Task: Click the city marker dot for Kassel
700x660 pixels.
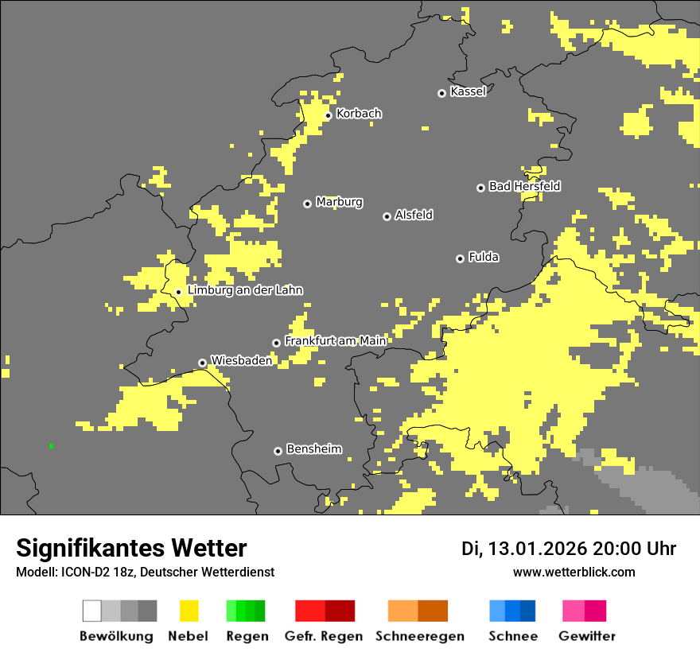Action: pos(441,93)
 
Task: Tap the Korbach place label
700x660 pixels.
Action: pos(359,114)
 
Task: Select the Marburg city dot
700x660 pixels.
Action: pos(307,204)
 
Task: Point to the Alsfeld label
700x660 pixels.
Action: pos(414,215)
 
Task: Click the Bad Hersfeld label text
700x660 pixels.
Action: pos(524,186)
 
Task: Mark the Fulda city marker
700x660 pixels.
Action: pos(460,258)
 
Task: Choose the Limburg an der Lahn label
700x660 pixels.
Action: pos(244,290)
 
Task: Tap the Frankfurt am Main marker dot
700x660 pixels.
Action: pos(276,343)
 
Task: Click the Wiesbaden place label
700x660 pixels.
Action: pos(241,360)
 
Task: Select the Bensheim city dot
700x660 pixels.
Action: pos(278,451)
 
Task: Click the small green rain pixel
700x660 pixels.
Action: pos(51,445)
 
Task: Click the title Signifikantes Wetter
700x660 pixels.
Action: pos(131,548)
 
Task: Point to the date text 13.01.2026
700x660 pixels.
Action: pos(537,549)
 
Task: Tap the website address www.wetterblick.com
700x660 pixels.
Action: pos(574,572)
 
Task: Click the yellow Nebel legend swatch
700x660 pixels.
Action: pos(189,611)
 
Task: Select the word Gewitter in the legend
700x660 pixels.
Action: pos(586,636)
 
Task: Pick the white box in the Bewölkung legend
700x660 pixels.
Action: pos(92,611)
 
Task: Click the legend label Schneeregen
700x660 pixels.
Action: pos(420,636)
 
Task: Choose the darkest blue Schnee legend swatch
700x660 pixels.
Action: pos(527,611)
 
